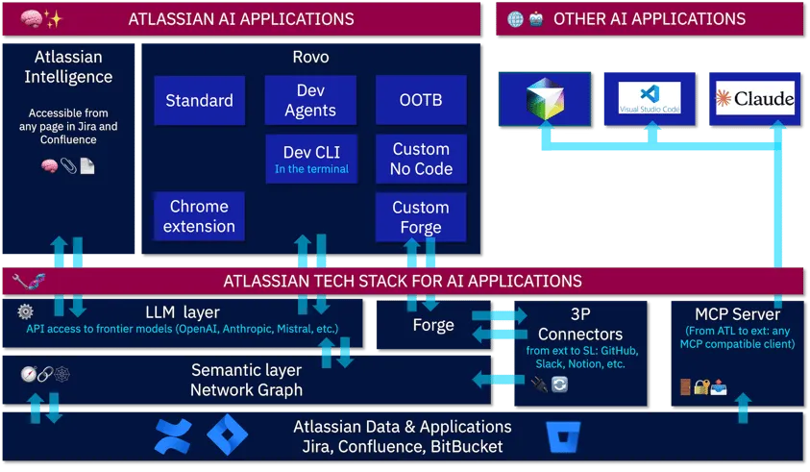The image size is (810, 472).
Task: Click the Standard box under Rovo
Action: (199, 101)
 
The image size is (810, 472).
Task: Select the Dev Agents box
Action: (310, 101)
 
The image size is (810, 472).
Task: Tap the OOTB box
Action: (421, 101)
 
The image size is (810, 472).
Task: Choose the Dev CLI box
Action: (310, 159)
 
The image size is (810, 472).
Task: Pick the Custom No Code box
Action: (421, 159)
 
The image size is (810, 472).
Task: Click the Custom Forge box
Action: (421, 216)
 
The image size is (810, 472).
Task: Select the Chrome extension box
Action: (199, 216)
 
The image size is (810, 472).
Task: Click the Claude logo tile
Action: (755, 99)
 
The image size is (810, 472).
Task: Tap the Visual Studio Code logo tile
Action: (650, 99)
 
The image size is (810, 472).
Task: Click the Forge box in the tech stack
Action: (433, 325)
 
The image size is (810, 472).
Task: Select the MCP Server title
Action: (738, 314)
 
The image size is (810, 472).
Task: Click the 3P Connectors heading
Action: (581, 324)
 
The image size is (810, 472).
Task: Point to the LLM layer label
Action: (183, 312)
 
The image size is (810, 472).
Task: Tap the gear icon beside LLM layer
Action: (25, 311)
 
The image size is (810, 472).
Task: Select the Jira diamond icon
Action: (228, 435)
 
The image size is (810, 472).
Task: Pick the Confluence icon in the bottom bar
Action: (174, 435)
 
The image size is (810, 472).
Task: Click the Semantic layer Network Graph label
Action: (246, 380)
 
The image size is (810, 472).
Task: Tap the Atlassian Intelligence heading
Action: (68, 67)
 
